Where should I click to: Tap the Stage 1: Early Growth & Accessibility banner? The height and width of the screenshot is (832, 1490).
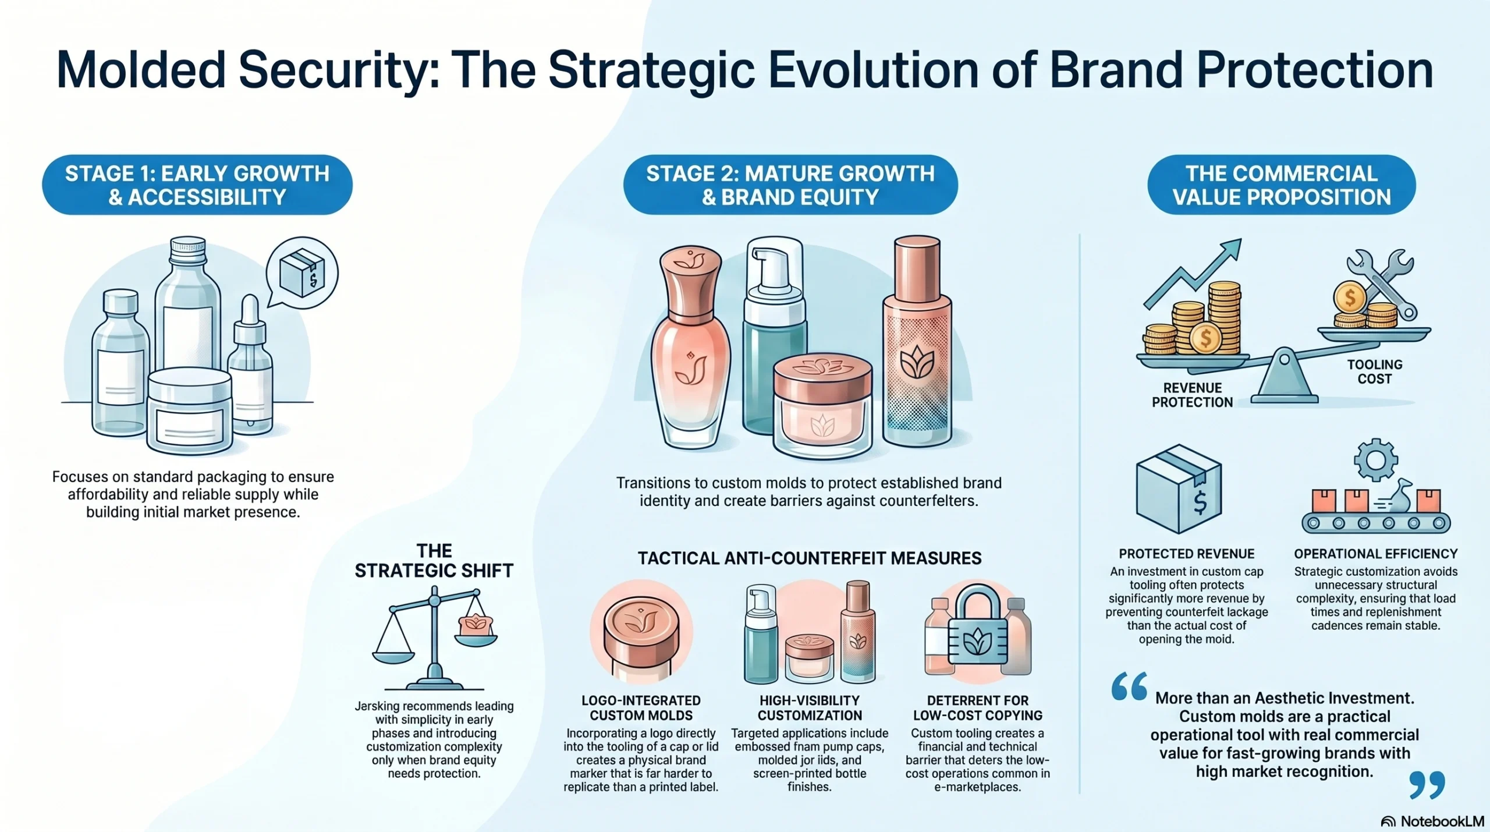[x=197, y=185]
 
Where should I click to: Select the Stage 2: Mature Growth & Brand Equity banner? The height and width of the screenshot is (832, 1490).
[x=790, y=185]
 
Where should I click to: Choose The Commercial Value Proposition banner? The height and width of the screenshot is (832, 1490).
[x=1282, y=185]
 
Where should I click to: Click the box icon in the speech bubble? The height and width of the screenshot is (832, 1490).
[x=302, y=272]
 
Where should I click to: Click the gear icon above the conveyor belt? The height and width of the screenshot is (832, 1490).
[x=1376, y=460]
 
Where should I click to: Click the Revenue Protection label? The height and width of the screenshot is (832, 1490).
[x=1192, y=395]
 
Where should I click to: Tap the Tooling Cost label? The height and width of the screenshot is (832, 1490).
[x=1375, y=371]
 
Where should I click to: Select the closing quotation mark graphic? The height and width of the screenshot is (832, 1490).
[x=1427, y=785]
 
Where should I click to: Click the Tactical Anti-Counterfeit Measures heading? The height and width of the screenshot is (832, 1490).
[x=810, y=558]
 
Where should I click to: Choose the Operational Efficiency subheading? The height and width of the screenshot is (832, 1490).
[x=1376, y=554]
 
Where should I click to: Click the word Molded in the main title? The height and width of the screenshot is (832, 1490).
[x=140, y=70]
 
